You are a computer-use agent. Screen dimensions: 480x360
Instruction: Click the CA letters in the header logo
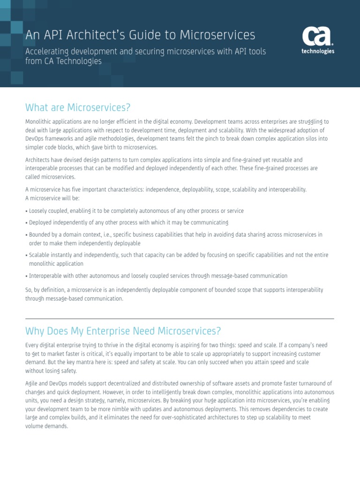(x=317, y=37)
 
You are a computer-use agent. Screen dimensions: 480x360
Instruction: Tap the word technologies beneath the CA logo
(x=317, y=52)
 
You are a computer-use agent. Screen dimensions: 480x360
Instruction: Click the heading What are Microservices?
(x=78, y=107)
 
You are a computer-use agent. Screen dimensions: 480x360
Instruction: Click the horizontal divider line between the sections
(x=180, y=319)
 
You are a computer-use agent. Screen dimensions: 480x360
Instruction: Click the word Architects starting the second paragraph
(x=37, y=160)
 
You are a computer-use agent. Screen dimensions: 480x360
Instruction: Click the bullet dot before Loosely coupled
(x=27, y=211)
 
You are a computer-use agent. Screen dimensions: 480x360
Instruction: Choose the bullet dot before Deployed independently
(x=27, y=223)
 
